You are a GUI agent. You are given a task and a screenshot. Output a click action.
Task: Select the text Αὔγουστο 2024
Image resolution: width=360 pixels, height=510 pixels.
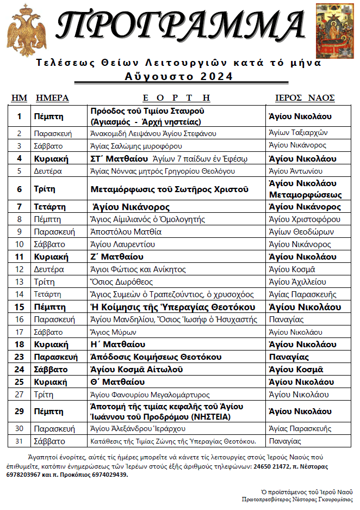pos(179,77)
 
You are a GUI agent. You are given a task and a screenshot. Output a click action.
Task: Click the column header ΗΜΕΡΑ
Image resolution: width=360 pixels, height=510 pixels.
pos(52,98)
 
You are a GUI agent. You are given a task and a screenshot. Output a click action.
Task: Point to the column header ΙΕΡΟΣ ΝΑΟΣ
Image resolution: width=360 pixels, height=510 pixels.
pos(305,98)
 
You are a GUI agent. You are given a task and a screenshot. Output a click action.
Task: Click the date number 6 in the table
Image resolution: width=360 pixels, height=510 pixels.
pos(20,189)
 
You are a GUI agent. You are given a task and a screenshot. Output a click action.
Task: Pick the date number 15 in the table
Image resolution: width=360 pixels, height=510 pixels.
pos(20,308)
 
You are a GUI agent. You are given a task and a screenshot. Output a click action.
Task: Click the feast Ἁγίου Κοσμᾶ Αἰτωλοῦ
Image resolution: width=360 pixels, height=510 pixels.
pos(136,369)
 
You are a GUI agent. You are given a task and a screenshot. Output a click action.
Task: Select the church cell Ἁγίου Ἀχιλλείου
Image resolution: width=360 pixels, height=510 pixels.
pos(297,282)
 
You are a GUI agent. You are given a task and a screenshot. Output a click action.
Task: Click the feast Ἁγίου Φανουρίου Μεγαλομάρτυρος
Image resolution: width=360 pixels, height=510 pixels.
pos(150,395)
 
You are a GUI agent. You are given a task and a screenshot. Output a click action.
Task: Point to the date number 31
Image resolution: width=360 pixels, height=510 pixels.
pos(20,441)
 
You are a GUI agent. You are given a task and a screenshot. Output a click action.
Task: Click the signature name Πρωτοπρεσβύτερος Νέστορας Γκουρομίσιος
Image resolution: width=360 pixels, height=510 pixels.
pos(297,499)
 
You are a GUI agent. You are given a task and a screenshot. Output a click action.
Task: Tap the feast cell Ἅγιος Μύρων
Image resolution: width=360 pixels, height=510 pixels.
pos(113,332)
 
